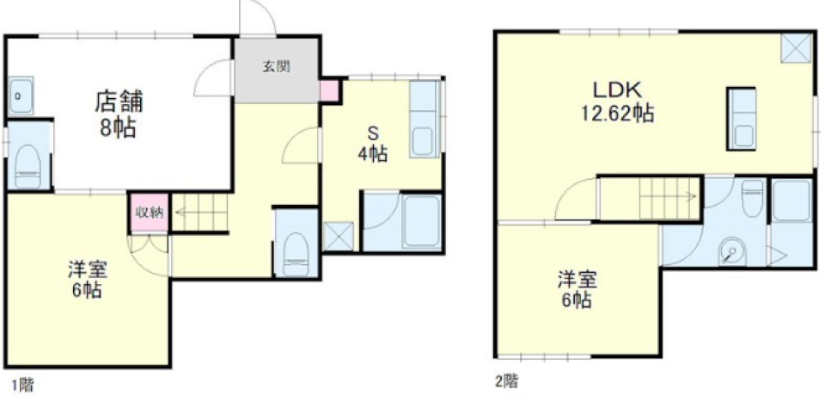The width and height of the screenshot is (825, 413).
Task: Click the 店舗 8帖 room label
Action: click(x=119, y=114)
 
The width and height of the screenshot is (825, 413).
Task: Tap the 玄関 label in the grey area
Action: click(x=277, y=67)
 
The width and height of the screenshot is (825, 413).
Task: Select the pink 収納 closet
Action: click(x=150, y=213)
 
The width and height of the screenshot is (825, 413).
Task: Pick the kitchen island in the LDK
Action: click(x=741, y=119)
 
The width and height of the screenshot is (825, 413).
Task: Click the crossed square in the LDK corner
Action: click(x=795, y=47)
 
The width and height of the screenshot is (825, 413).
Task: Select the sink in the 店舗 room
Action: click(x=21, y=96)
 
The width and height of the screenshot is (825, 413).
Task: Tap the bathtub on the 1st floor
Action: click(x=421, y=221)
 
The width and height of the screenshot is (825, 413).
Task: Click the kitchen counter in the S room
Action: click(x=424, y=119)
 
